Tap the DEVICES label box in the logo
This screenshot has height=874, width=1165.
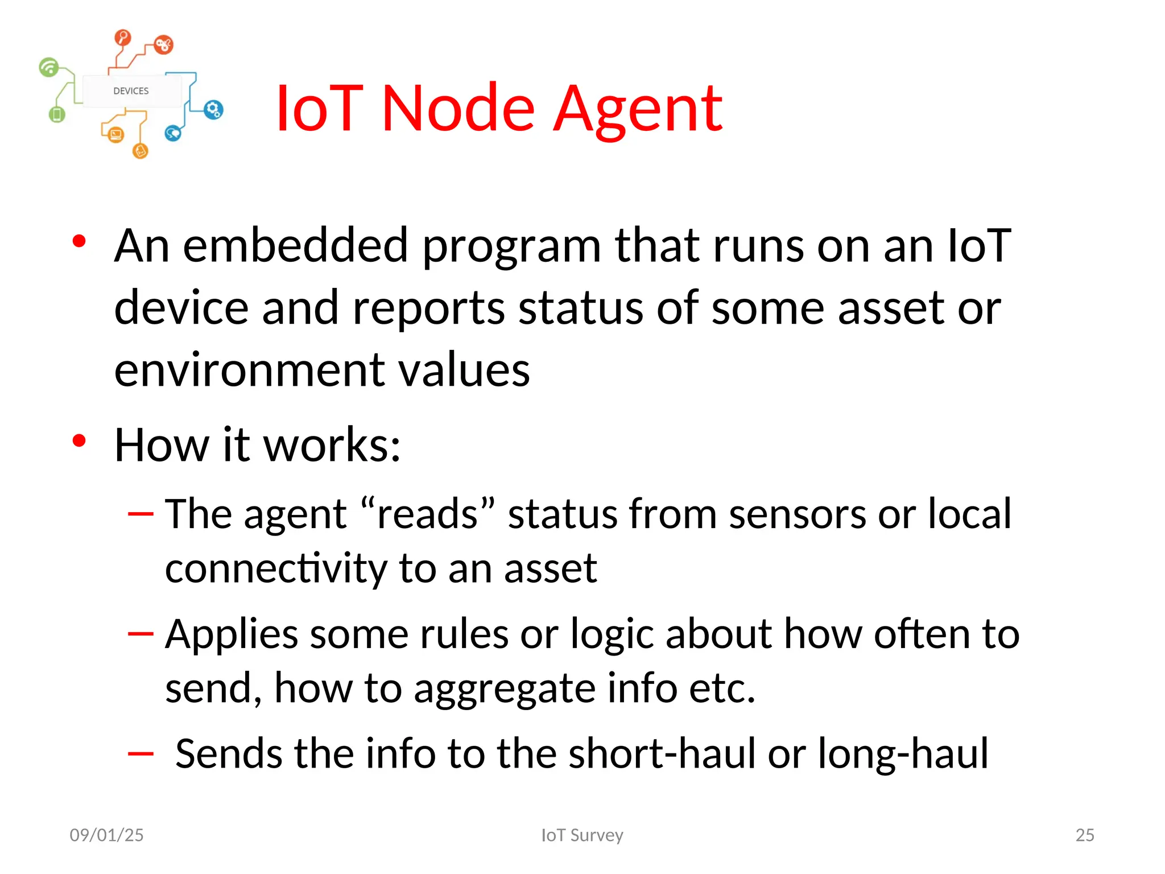coord(131,91)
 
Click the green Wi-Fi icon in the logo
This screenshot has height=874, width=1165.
coord(49,67)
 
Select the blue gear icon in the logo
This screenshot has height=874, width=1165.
coord(213,110)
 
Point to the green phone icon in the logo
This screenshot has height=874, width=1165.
coord(57,114)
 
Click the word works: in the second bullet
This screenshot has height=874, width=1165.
coord(332,445)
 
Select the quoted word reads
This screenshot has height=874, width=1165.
coord(428,514)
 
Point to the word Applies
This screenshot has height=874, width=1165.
coord(232,635)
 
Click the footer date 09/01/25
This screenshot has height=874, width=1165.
coord(106,835)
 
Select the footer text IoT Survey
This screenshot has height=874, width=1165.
coord(582,835)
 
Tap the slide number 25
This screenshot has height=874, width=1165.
coord(1084,835)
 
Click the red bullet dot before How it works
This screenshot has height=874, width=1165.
coord(79,440)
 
